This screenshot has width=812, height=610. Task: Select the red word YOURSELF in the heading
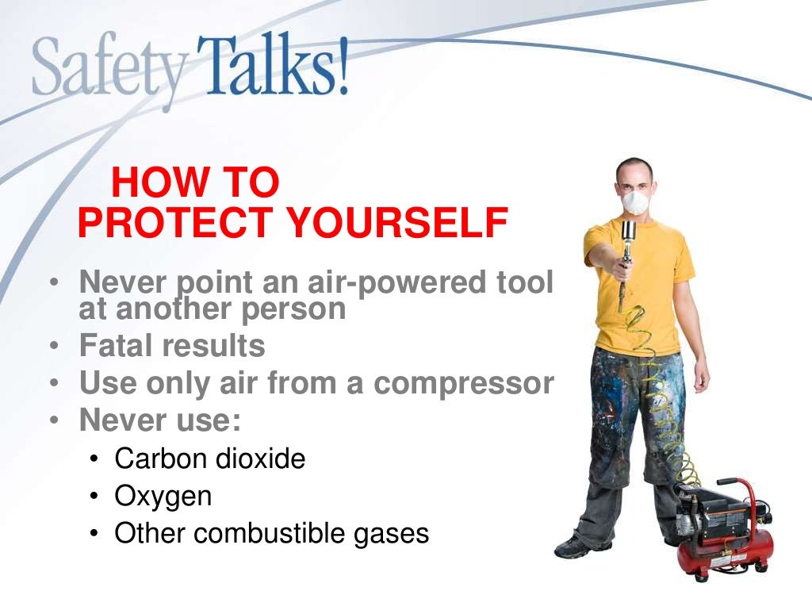pyautogui.click(x=396, y=223)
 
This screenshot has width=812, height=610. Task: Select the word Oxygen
pyautogui.click(x=163, y=497)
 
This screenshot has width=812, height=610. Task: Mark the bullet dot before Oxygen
pyautogui.click(x=94, y=497)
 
